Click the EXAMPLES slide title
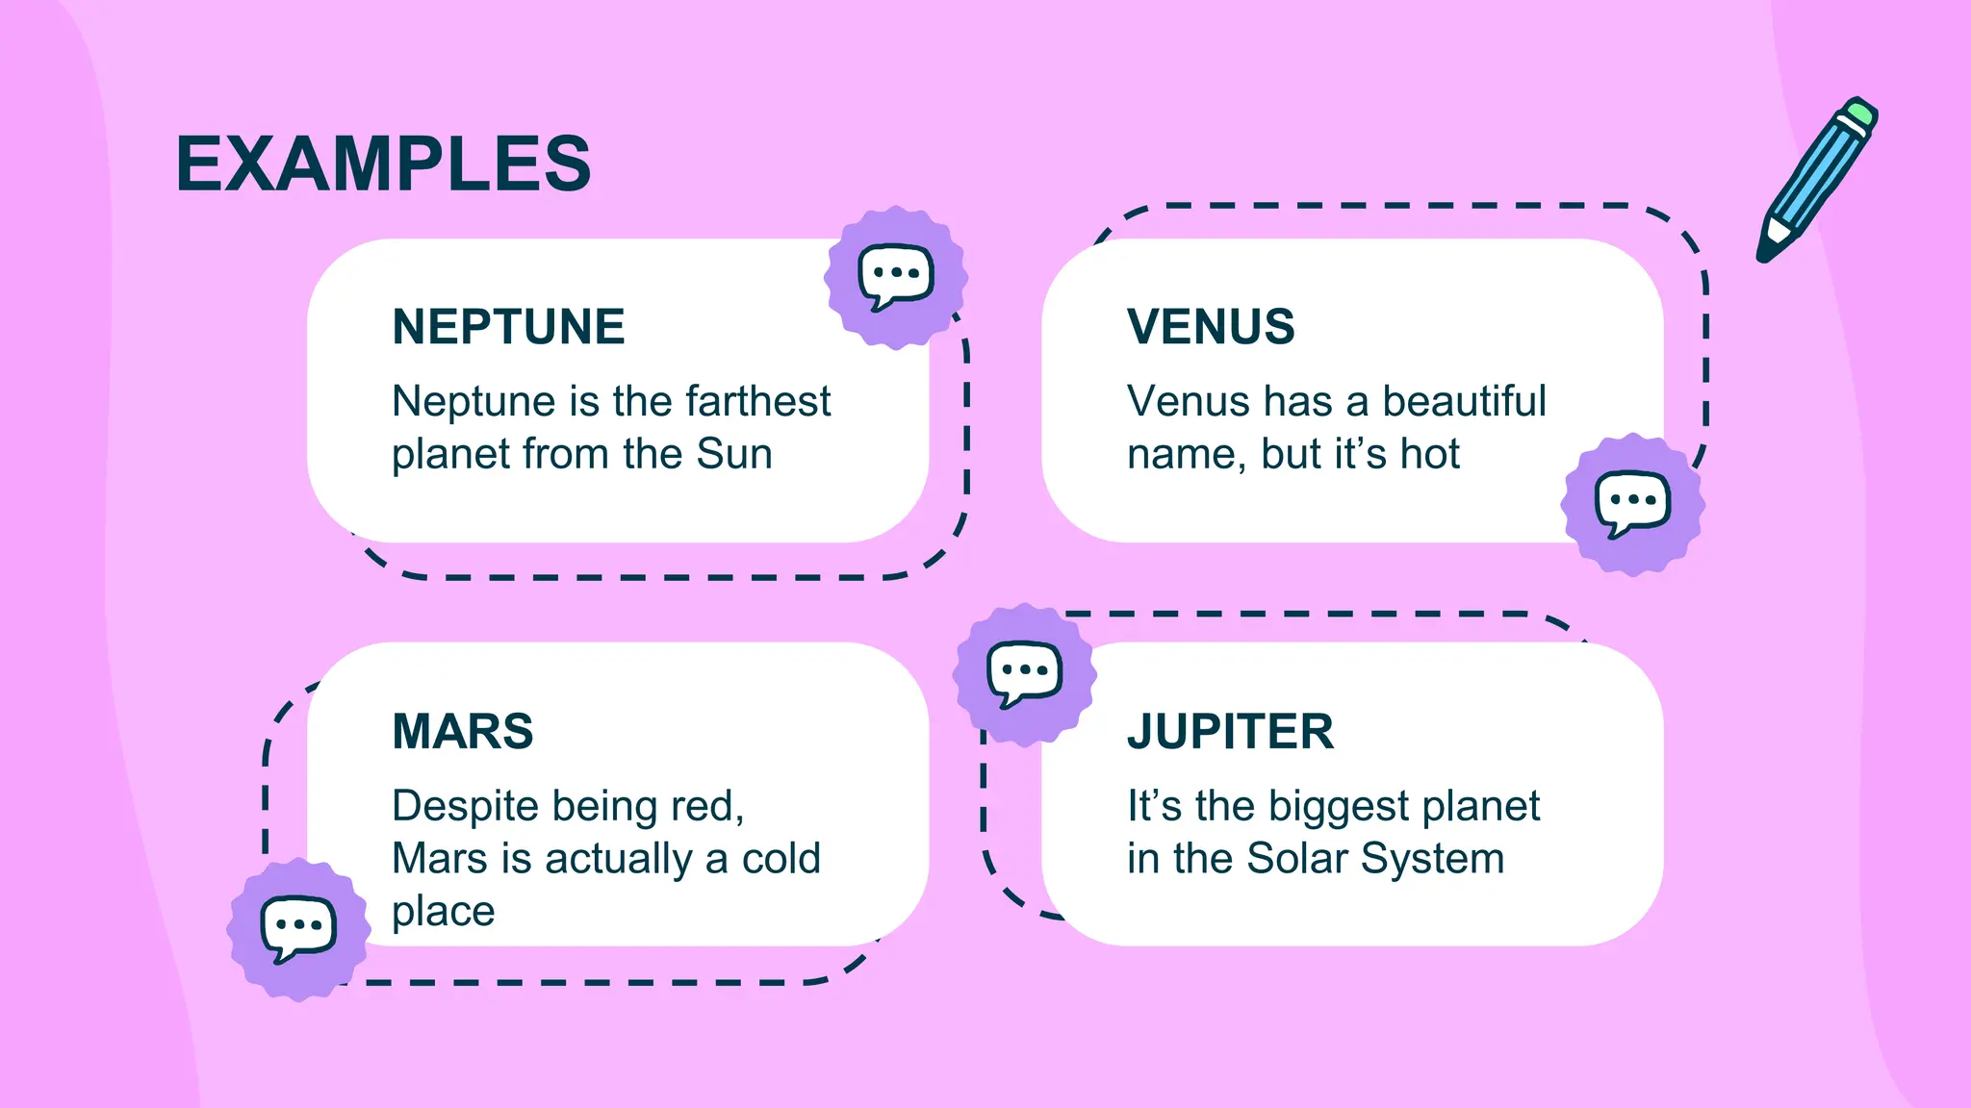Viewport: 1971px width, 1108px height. tap(383, 164)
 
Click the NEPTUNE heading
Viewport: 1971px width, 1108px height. tap(508, 327)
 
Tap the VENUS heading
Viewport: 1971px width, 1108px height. tap(1211, 327)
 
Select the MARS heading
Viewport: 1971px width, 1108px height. tap(462, 732)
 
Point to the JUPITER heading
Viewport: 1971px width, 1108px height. tap(1230, 732)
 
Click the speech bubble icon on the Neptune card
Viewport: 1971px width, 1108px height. tap(896, 276)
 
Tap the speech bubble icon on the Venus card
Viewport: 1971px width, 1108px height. tap(1632, 503)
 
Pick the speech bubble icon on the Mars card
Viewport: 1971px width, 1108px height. tap(298, 928)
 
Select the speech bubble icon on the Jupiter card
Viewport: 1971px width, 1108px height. tap(1024, 672)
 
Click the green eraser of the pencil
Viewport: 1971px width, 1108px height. tap(1860, 113)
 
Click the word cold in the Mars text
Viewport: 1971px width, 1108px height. tap(781, 859)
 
